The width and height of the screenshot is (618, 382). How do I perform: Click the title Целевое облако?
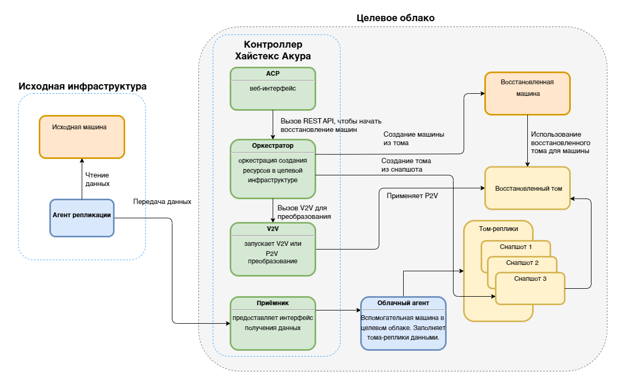(x=395, y=18)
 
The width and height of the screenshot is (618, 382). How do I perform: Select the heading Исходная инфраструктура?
(x=82, y=86)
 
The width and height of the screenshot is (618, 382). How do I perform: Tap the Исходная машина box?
(x=82, y=137)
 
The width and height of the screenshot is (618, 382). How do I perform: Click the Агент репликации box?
(x=82, y=217)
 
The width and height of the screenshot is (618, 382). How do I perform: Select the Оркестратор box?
(x=273, y=168)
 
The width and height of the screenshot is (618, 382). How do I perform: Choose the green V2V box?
(x=273, y=249)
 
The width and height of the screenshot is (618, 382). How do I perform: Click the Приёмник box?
(x=273, y=323)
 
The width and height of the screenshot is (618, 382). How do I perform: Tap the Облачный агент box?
(x=403, y=323)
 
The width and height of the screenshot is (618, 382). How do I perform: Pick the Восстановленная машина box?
(x=527, y=93)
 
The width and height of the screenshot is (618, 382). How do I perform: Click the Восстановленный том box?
(x=527, y=188)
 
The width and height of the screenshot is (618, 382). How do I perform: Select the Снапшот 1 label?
(x=516, y=247)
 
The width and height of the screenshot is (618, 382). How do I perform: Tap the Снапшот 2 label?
(x=522, y=263)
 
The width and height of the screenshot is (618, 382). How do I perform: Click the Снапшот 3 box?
(x=530, y=288)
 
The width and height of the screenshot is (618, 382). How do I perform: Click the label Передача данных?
(x=162, y=202)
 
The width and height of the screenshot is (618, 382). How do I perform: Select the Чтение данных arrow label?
(x=98, y=180)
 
